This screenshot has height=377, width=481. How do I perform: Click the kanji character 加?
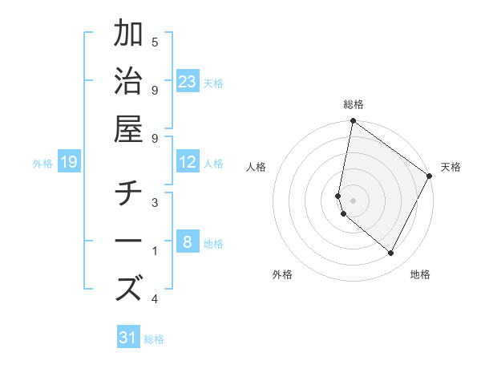click(130, 36)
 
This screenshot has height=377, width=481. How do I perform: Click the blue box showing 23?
click(188, 82)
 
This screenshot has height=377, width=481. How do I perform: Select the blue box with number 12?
click(188, 162)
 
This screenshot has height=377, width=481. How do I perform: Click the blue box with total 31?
click(128, 338)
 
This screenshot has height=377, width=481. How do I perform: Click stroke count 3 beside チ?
click(155, 202)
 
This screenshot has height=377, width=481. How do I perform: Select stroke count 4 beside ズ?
click(155, 299)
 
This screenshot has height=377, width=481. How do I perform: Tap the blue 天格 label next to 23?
click(213, 83)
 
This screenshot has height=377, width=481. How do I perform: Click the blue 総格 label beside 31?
click(154, 339)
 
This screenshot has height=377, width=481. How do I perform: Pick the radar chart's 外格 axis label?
click(282, 274)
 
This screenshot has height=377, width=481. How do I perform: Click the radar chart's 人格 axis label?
click(257, 167)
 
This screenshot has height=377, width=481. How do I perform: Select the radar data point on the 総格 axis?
click(353, 121)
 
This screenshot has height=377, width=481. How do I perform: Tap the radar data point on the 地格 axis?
click(391, 253)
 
